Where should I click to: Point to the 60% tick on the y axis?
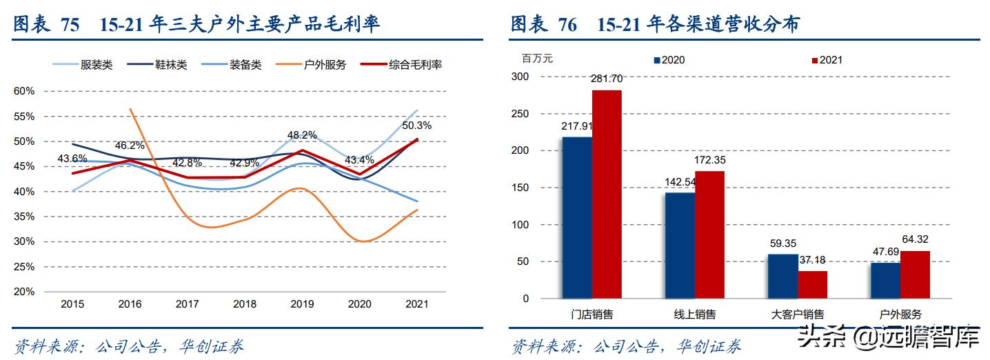point(24,91)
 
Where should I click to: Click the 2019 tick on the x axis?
point(302,303)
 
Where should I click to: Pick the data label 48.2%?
point(302,135)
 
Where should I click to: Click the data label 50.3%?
point(416,126)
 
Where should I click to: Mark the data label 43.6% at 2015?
point(72,159)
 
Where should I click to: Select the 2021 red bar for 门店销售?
point(606,194)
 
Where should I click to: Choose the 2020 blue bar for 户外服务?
point(885,280)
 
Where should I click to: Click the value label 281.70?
point(606,78)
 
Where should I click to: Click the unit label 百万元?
point(537,59)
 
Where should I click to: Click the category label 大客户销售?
point(798,314)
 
